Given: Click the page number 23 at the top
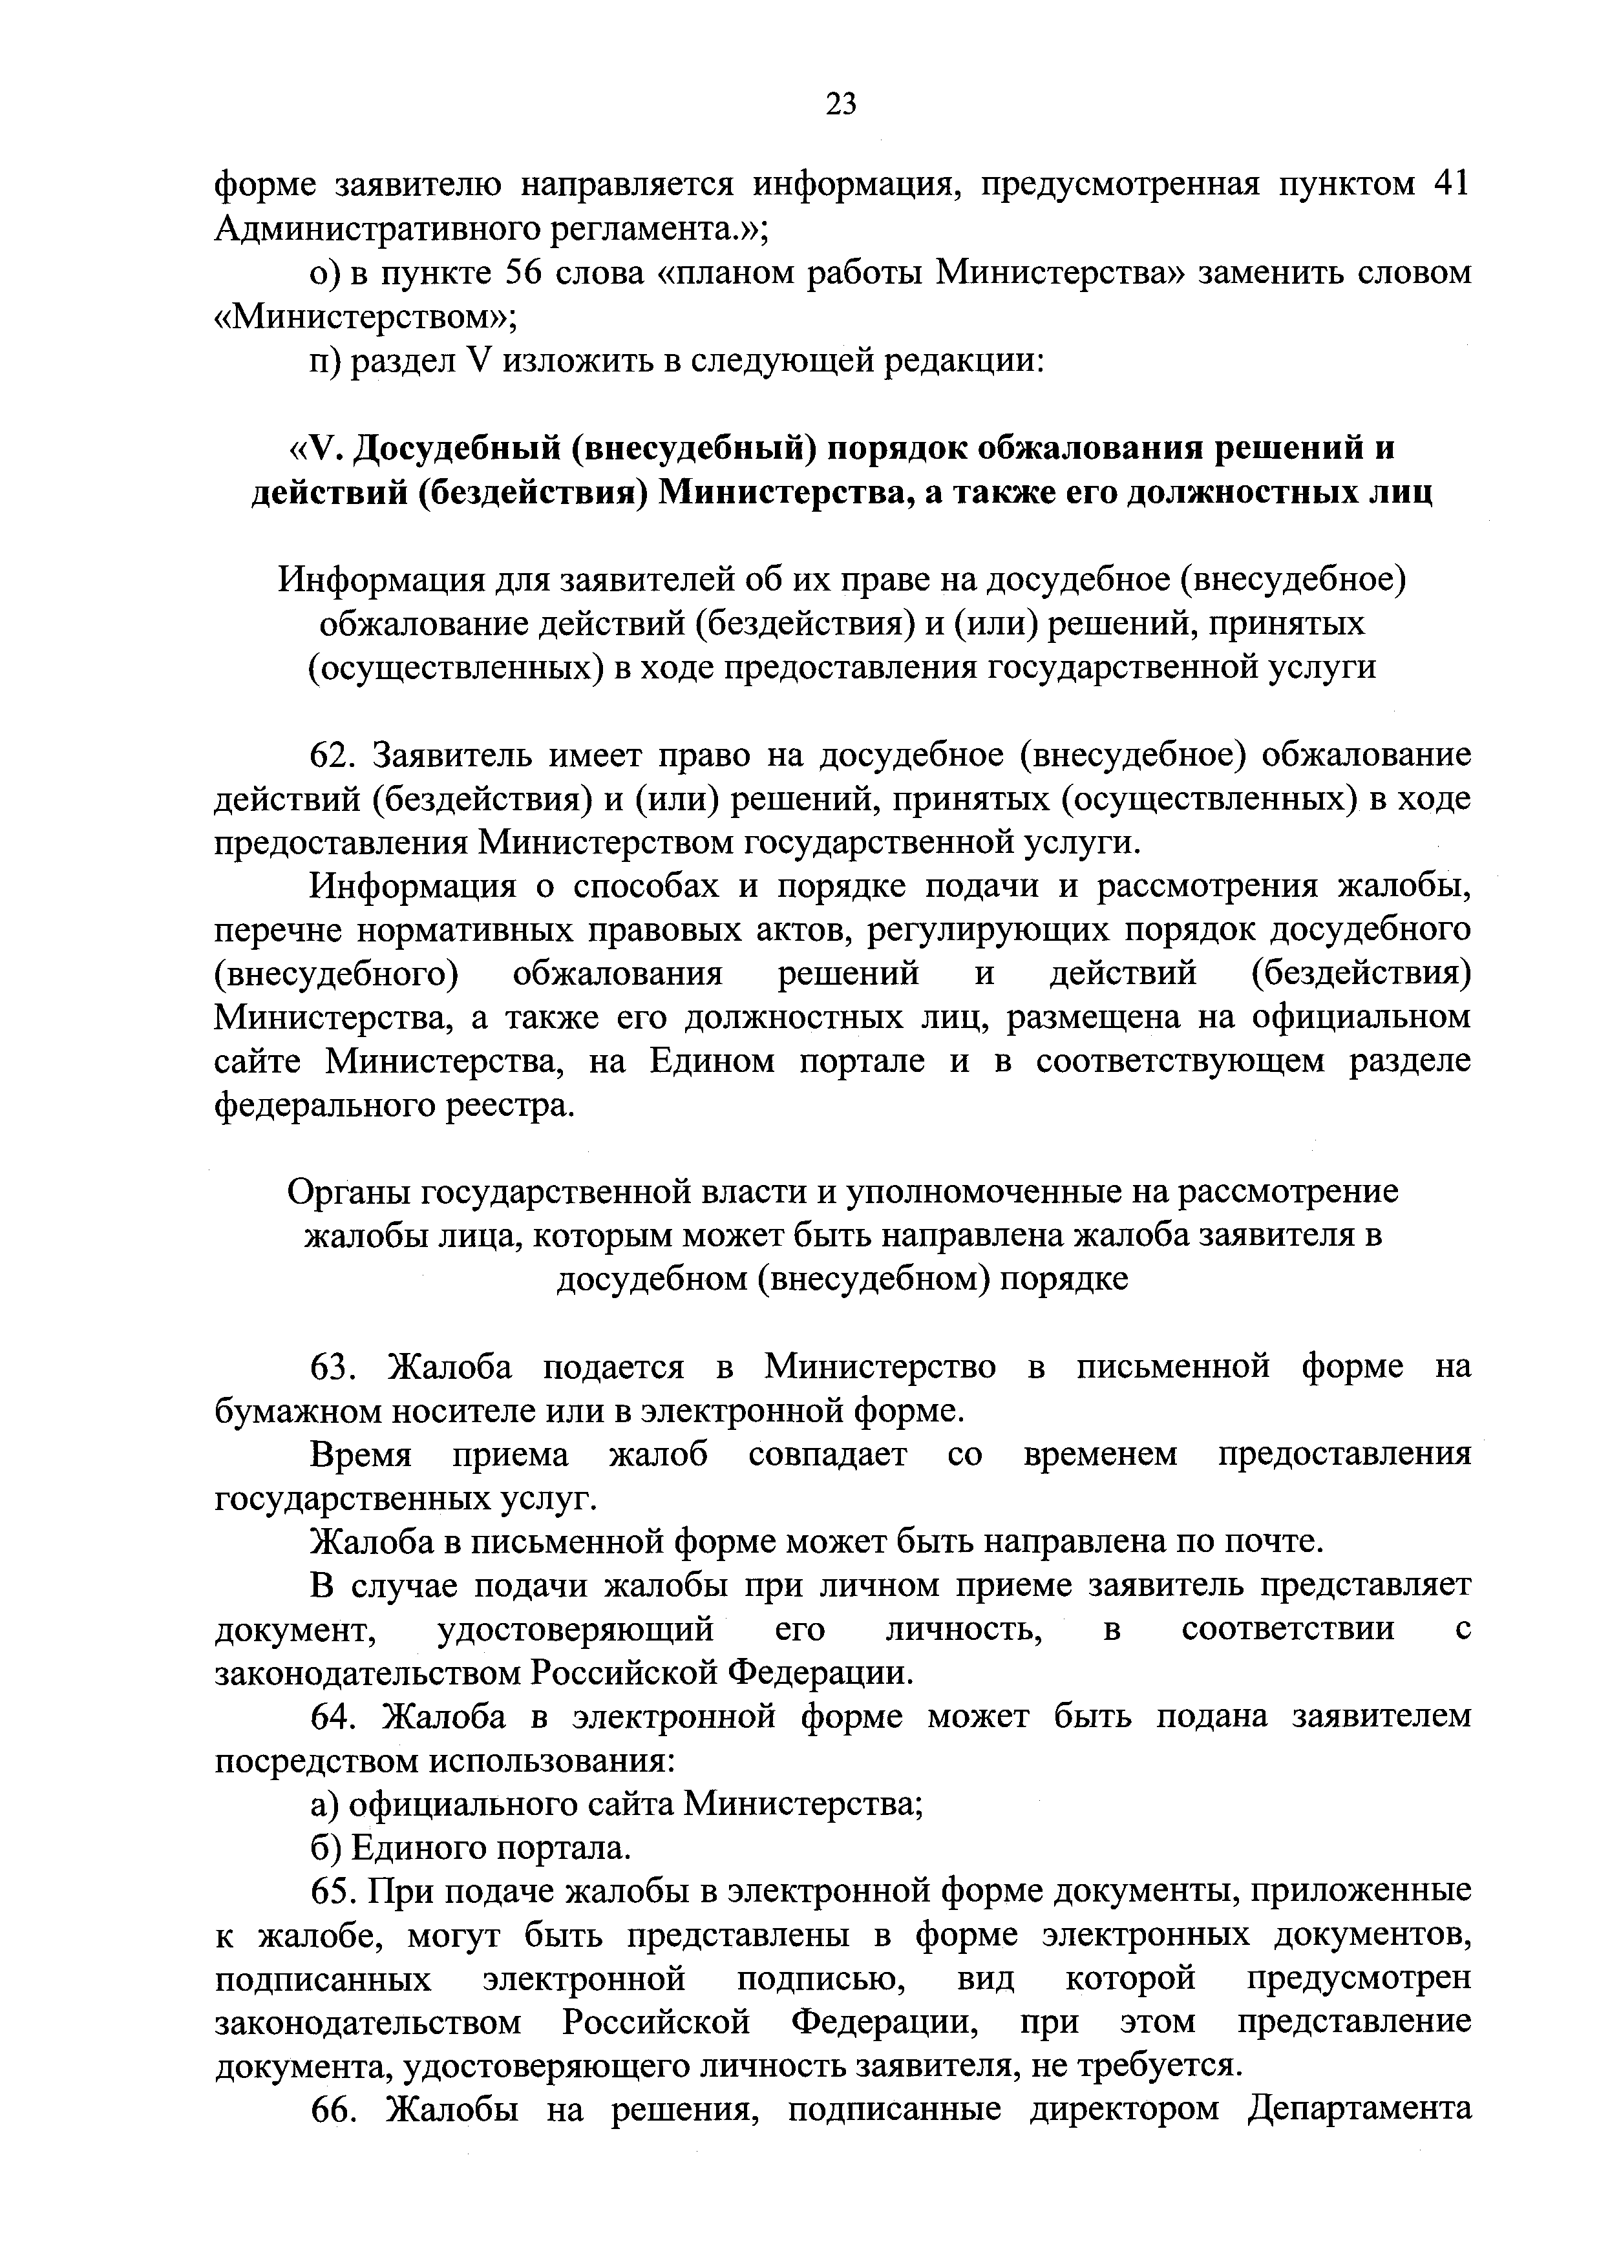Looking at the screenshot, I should (x=841, y=103).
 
